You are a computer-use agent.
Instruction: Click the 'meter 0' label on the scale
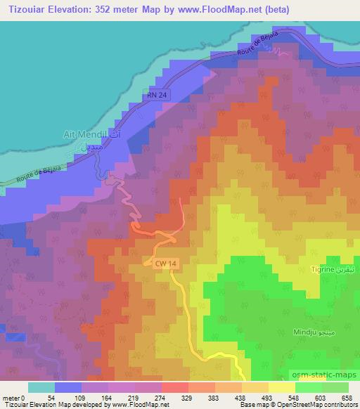coord(14,397)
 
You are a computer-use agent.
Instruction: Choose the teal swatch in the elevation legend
coord(41,387)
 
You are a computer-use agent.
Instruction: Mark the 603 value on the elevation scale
coord(323,397)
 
